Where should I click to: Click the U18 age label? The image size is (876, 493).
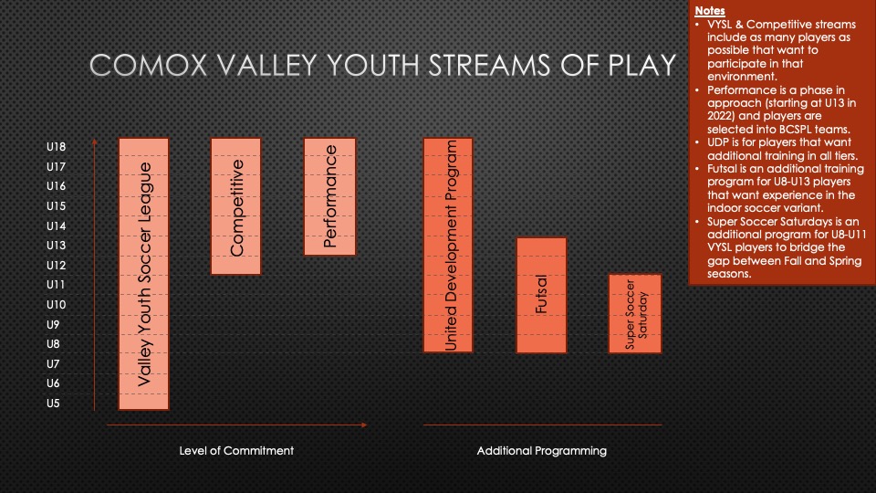pos(56,147)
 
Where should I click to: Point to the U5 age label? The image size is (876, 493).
pos(53,404)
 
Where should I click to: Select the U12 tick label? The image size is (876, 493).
pos(56,266)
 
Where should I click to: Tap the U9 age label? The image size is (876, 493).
pos(53,325)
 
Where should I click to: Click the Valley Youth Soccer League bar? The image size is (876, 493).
pos(143,274)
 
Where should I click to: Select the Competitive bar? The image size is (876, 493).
pos(235,206)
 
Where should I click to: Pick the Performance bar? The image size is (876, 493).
pos(329,197)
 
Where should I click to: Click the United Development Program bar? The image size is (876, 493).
pos(448,246)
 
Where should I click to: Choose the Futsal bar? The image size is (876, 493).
pos(541,296)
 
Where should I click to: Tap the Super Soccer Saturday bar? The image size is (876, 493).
pos(635,313)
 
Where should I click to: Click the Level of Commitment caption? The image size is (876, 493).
pos(236,450)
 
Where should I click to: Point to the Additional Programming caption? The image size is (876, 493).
pos(542,450)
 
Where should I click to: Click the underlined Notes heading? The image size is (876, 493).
pos(710,11)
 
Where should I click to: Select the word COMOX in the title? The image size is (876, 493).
pos(149,66)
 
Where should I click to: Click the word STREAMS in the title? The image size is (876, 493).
pos(490,66)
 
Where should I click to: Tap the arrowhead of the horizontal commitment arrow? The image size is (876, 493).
pos(364,425)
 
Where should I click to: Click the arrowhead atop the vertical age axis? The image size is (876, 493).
pos(94,142)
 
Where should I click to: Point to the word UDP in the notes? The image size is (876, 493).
pos(718,142)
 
